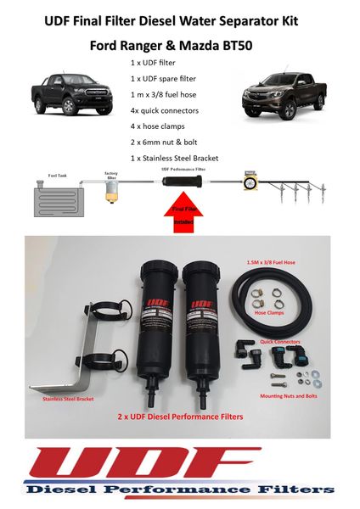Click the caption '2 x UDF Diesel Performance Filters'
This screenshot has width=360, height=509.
[x=179, y=418]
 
